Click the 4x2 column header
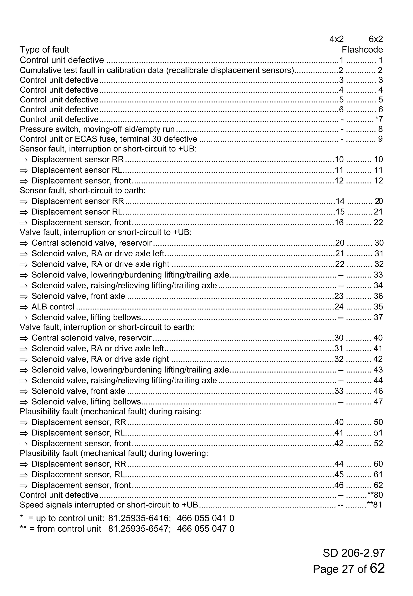tap(336, 39)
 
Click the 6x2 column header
tap(375, 39)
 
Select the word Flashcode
tap(362, 49)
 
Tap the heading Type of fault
tap(45, 49)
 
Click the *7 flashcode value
tap(379, 119)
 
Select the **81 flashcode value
tap(375, 505)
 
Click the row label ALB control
tap(53, 307)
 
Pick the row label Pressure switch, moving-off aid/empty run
tap(97, 129)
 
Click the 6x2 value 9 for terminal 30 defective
tap(380, 139)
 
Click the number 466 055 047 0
tap(205, 528)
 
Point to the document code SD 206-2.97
tap(354, 553)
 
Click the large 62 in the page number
tap(377, 568)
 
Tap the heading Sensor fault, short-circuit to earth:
tap(82, 190)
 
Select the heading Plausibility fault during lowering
tap(114, 453)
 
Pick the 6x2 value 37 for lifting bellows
tap(378, 317)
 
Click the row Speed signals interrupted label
tap(109, 505)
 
